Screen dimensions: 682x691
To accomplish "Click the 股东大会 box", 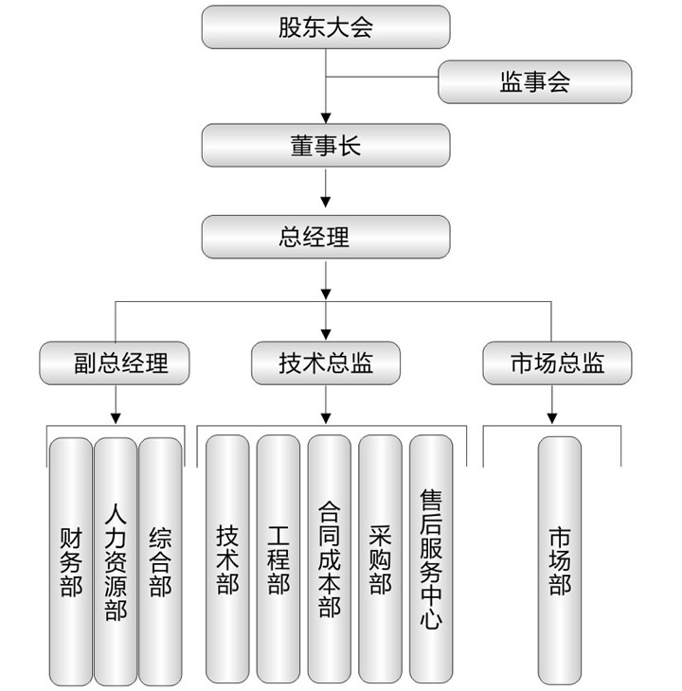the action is [326, 27].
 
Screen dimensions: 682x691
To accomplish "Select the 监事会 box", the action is [535, 82].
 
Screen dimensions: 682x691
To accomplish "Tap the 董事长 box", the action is [326, 146].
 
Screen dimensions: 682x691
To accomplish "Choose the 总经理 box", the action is [326, 237].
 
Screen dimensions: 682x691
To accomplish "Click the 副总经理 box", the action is [115, 363].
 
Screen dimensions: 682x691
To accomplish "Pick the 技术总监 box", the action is [326, 363].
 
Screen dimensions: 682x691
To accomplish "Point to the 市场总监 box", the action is [557, 363].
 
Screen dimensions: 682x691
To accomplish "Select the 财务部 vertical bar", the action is [71, 561].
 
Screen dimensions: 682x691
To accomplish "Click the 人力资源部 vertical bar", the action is [116, 561].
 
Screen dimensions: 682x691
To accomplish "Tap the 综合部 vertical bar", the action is [160, 561].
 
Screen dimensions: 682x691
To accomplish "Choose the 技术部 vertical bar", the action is [227, 558].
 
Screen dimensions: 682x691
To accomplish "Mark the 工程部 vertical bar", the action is [278, 558].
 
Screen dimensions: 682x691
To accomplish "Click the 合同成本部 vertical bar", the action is [330, 558].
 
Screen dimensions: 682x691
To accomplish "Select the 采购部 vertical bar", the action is [380, 558].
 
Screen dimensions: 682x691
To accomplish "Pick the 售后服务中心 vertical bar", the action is [431, 558].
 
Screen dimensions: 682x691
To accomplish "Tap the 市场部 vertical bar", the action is [560, 560].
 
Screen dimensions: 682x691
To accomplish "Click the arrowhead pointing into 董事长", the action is [326, 118].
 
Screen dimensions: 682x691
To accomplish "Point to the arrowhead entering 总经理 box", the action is [326, 202].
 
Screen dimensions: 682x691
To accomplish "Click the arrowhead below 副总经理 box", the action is [116, 418].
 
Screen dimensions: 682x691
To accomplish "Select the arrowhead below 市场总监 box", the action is [552, 418].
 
